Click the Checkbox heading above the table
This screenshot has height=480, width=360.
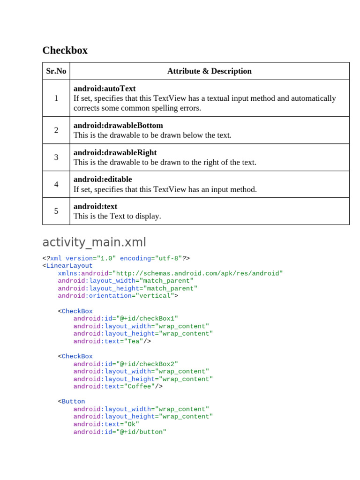[x=65, y=51]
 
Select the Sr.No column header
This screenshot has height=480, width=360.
[x=56, y=71]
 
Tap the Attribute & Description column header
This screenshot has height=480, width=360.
[x=209, y=71]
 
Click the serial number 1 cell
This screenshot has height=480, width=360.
[x=56, y=98]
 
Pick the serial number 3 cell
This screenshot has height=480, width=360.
[x=56, y=157]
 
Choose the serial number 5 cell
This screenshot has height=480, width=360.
[x=56, y=211]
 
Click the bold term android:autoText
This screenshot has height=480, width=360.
[x=105, y=89]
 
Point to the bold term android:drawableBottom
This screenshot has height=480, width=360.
[x=118, y=126]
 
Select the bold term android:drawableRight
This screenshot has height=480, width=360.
[x=115, y=153]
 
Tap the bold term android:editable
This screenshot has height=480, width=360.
[x=103, y=180]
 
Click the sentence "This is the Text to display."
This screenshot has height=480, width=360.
[x=117, y=216]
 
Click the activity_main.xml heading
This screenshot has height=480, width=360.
[x=94, y=242]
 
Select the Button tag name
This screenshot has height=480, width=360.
[x=73, y=402]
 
